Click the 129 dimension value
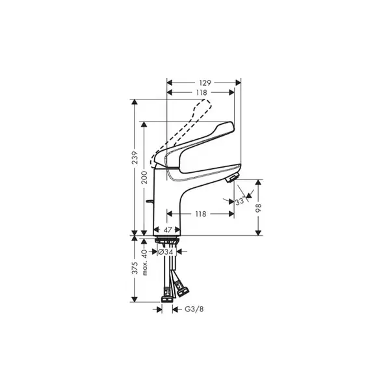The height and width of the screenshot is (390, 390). point(205,83)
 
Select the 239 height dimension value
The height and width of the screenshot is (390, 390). point(135,157)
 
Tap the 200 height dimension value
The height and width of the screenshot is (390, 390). point(144,177)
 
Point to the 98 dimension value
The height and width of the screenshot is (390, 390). point(259,208)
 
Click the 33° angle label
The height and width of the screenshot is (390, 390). point(240,200)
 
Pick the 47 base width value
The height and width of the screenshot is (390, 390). point(168,230)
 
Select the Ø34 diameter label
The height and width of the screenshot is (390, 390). point(165,252)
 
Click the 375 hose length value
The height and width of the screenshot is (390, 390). point(135,268)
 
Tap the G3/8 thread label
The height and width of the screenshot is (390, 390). point(194,309)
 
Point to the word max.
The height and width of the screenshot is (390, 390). point(145,268)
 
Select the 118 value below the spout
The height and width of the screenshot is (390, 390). point(201,214)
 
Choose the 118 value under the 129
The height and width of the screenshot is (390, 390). point(201,92)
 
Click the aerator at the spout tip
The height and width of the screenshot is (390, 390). point(232,178)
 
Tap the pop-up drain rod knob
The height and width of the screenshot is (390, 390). point(149,201)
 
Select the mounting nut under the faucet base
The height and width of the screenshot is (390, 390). point(167,240)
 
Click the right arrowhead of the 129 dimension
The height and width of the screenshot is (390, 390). point(239,83)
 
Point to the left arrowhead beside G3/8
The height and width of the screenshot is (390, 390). point(159,309)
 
